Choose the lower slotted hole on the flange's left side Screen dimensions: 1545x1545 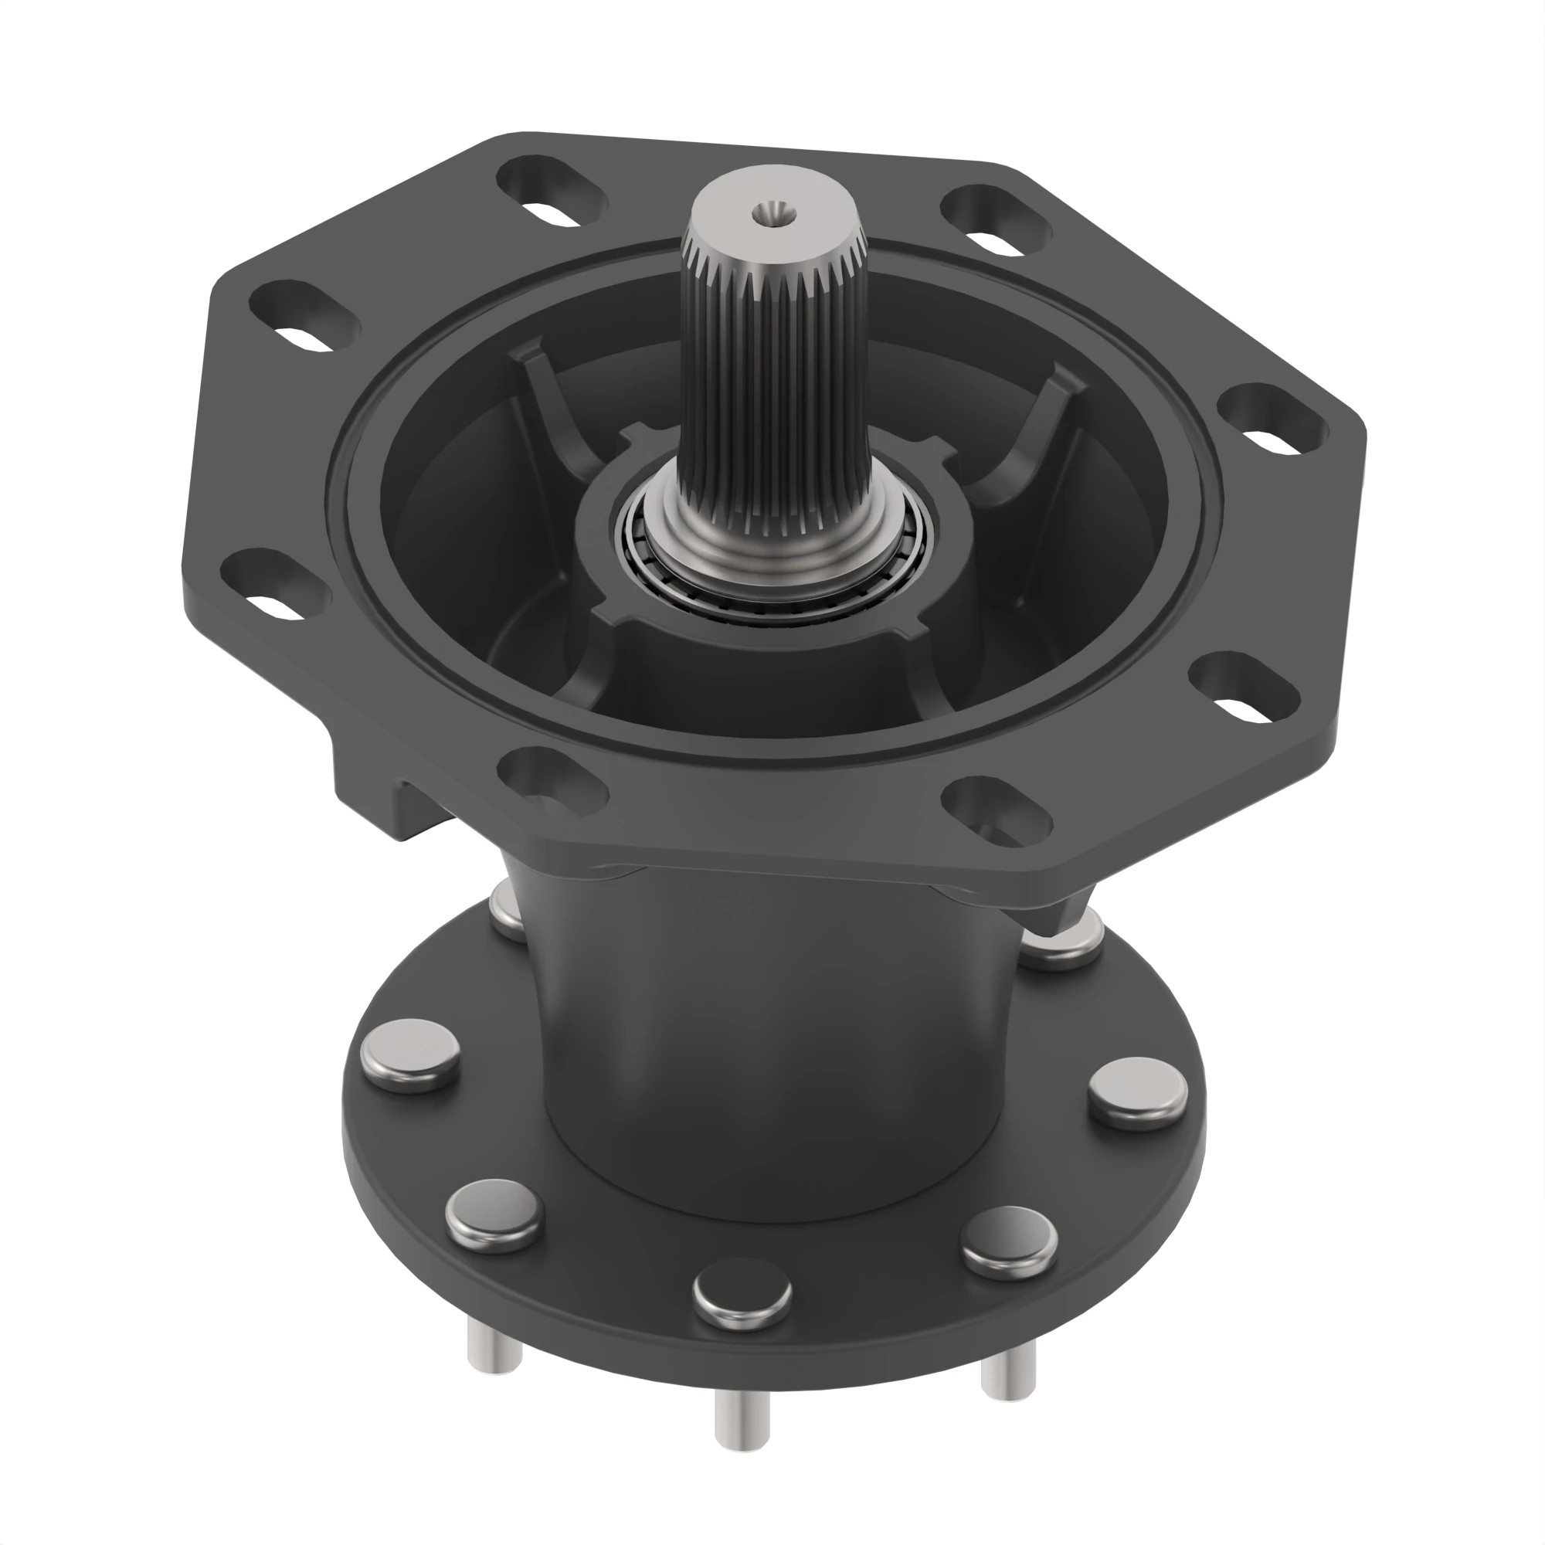pos(274,585)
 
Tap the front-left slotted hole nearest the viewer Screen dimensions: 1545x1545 pos(552,779)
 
